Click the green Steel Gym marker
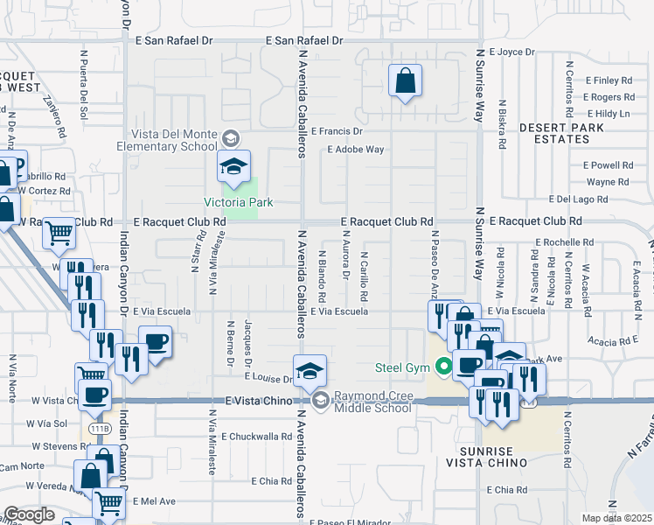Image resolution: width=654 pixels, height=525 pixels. (x=443, y=367)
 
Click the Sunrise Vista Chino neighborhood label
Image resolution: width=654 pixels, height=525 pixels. (x=491, y=455)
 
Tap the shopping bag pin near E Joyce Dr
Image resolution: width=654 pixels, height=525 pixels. (x=405, y=82)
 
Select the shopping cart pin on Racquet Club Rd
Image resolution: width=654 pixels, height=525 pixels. (x=59, y=233)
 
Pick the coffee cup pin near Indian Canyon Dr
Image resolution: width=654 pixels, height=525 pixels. (x=155, y=341)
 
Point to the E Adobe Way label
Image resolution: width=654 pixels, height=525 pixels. (x=356, y=150)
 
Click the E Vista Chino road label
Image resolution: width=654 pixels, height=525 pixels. (x=256, y=400)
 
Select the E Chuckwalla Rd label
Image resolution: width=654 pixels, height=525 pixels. (x=257, y=436)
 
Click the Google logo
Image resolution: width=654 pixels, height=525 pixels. (x=30, y=514)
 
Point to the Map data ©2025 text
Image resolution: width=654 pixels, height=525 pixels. (x=616, y=518)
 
